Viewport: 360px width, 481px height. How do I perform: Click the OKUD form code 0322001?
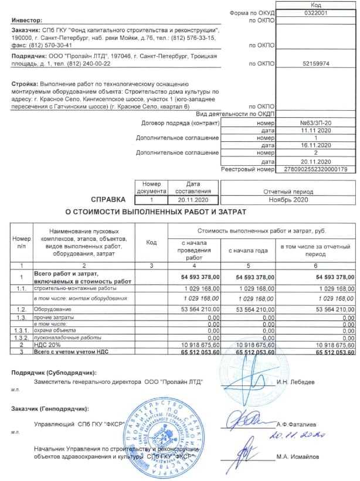316,12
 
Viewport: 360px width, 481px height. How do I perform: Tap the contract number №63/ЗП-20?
316,124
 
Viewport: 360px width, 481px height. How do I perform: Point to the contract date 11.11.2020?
316,131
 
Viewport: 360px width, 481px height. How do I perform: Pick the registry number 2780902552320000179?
316,169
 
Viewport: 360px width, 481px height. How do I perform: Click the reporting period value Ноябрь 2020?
316,199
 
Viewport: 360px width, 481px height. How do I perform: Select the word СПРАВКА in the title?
107,199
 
